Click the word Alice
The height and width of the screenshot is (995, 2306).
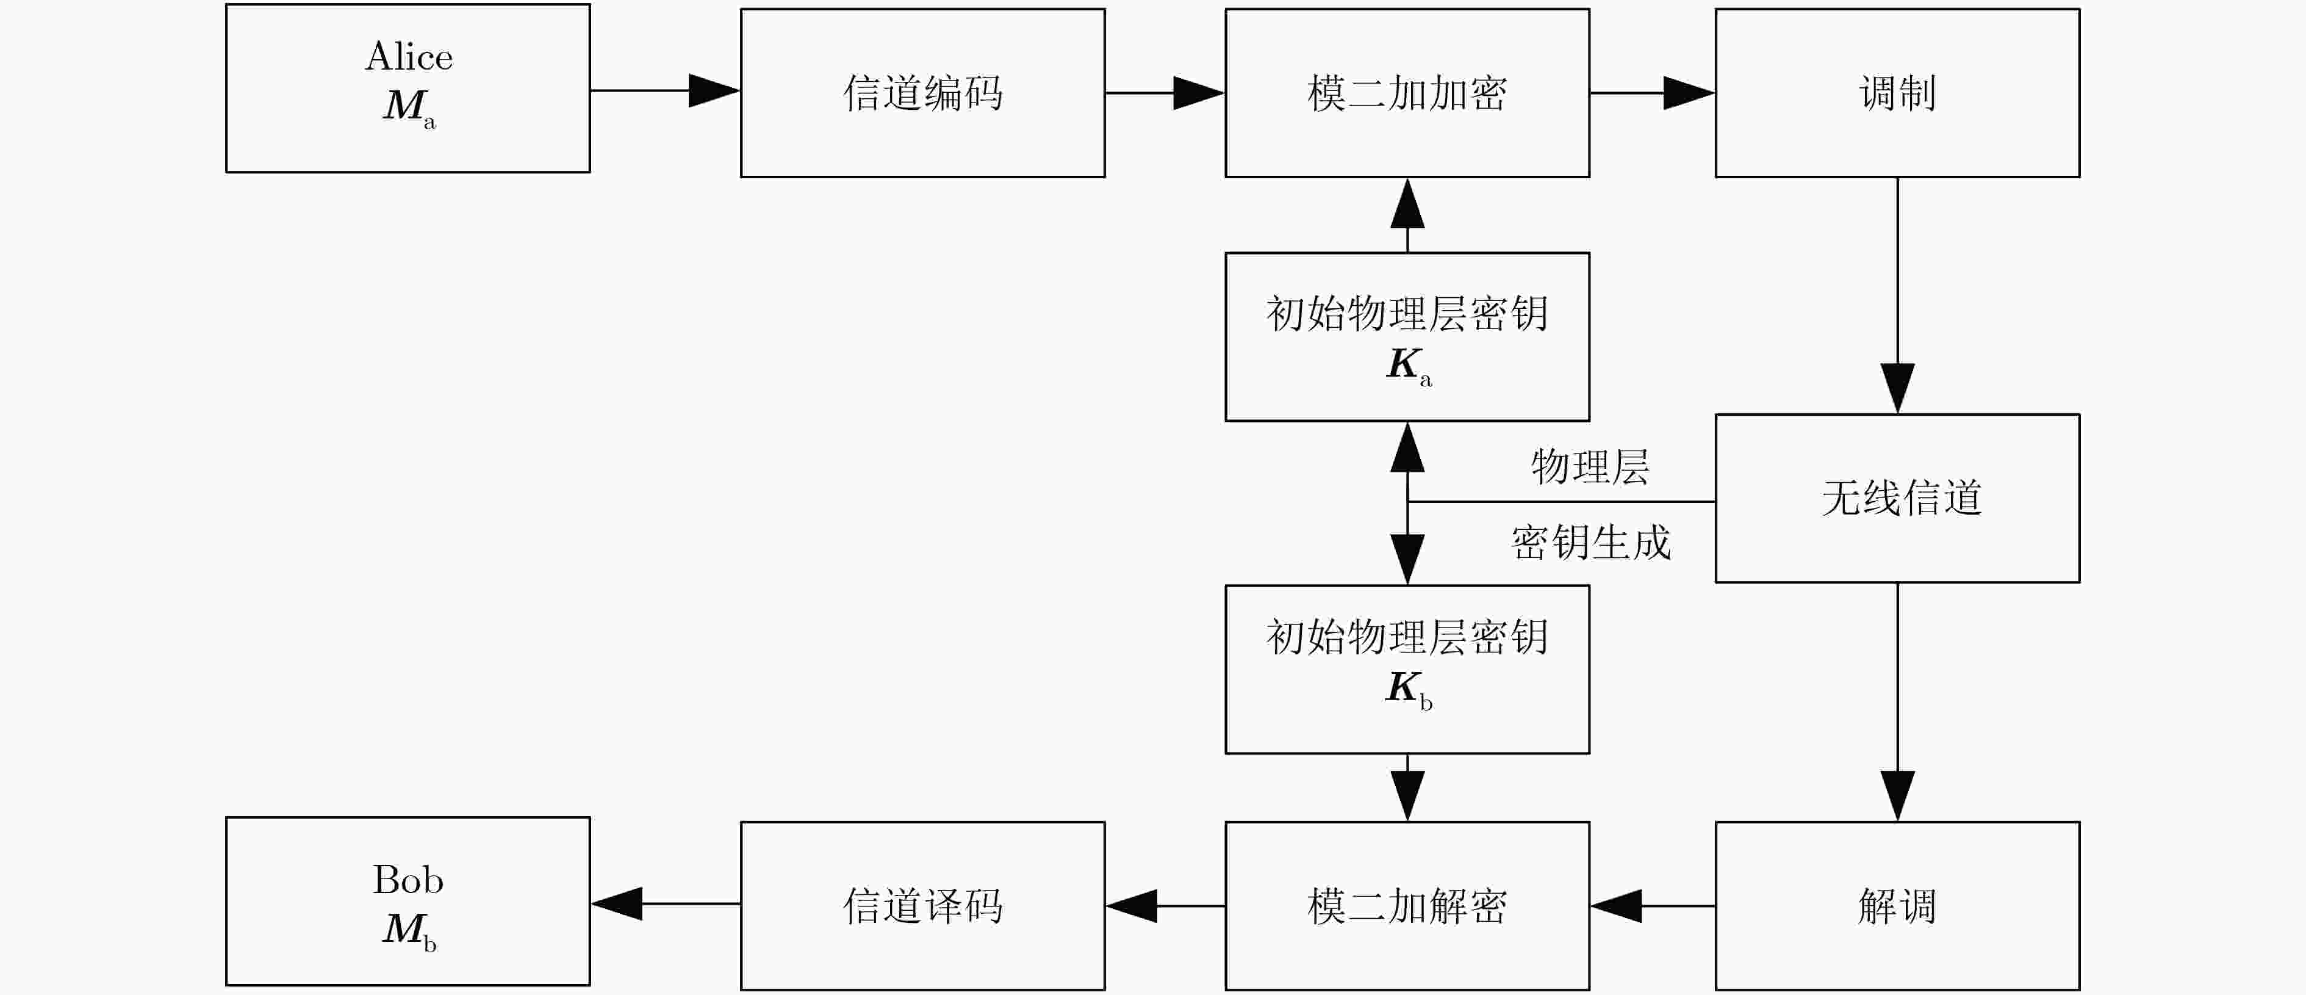(x=409, y=56)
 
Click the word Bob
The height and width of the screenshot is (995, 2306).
(x=408, y=880)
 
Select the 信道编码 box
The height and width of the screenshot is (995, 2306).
(x=923, y=93)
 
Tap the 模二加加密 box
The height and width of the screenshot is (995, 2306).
(x=1407, y=93)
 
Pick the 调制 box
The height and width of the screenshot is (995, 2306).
(x=1898, y=93)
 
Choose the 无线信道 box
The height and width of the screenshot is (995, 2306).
(x=1898, y=498)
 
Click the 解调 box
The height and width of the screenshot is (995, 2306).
(x=1898, y=905)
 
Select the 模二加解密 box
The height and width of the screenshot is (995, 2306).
(x=1407, y=905)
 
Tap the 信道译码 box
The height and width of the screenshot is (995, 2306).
(x=923, y=905)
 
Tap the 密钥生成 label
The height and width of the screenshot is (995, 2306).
(x=1591, y=542)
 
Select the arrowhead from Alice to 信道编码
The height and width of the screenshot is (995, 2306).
(x=714, y=90)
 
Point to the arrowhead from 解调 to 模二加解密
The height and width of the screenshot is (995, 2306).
(x=1616, y=905)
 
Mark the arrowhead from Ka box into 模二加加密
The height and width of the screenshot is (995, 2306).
(x=1408, y=203)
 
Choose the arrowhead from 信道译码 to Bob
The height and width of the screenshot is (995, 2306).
(x=617, y=903)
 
